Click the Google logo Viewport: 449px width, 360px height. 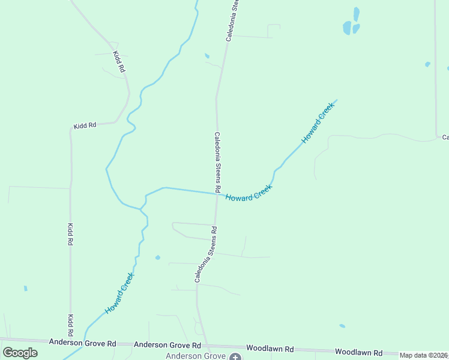20,352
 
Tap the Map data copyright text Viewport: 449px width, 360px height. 424,355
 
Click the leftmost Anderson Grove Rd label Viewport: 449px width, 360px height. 83,343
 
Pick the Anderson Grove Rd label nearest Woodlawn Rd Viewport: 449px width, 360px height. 167,345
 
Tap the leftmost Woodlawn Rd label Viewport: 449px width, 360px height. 270,348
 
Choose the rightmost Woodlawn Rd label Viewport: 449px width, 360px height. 358,352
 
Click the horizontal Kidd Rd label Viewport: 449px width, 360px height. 85,126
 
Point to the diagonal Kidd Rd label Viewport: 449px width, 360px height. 119,62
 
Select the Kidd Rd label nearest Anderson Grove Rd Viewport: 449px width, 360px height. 71,325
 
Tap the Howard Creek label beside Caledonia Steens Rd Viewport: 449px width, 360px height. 249,192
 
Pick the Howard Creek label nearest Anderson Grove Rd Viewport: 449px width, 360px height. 119,294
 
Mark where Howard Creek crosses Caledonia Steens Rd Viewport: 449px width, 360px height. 217,193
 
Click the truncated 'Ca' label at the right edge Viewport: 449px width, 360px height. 445,137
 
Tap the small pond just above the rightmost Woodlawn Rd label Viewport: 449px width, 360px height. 342,326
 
